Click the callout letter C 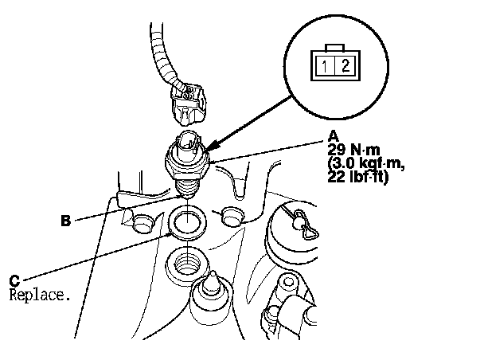click(x=15, y=280)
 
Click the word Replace click(x=40, y=294)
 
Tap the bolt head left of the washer click(x=143, y=221)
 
